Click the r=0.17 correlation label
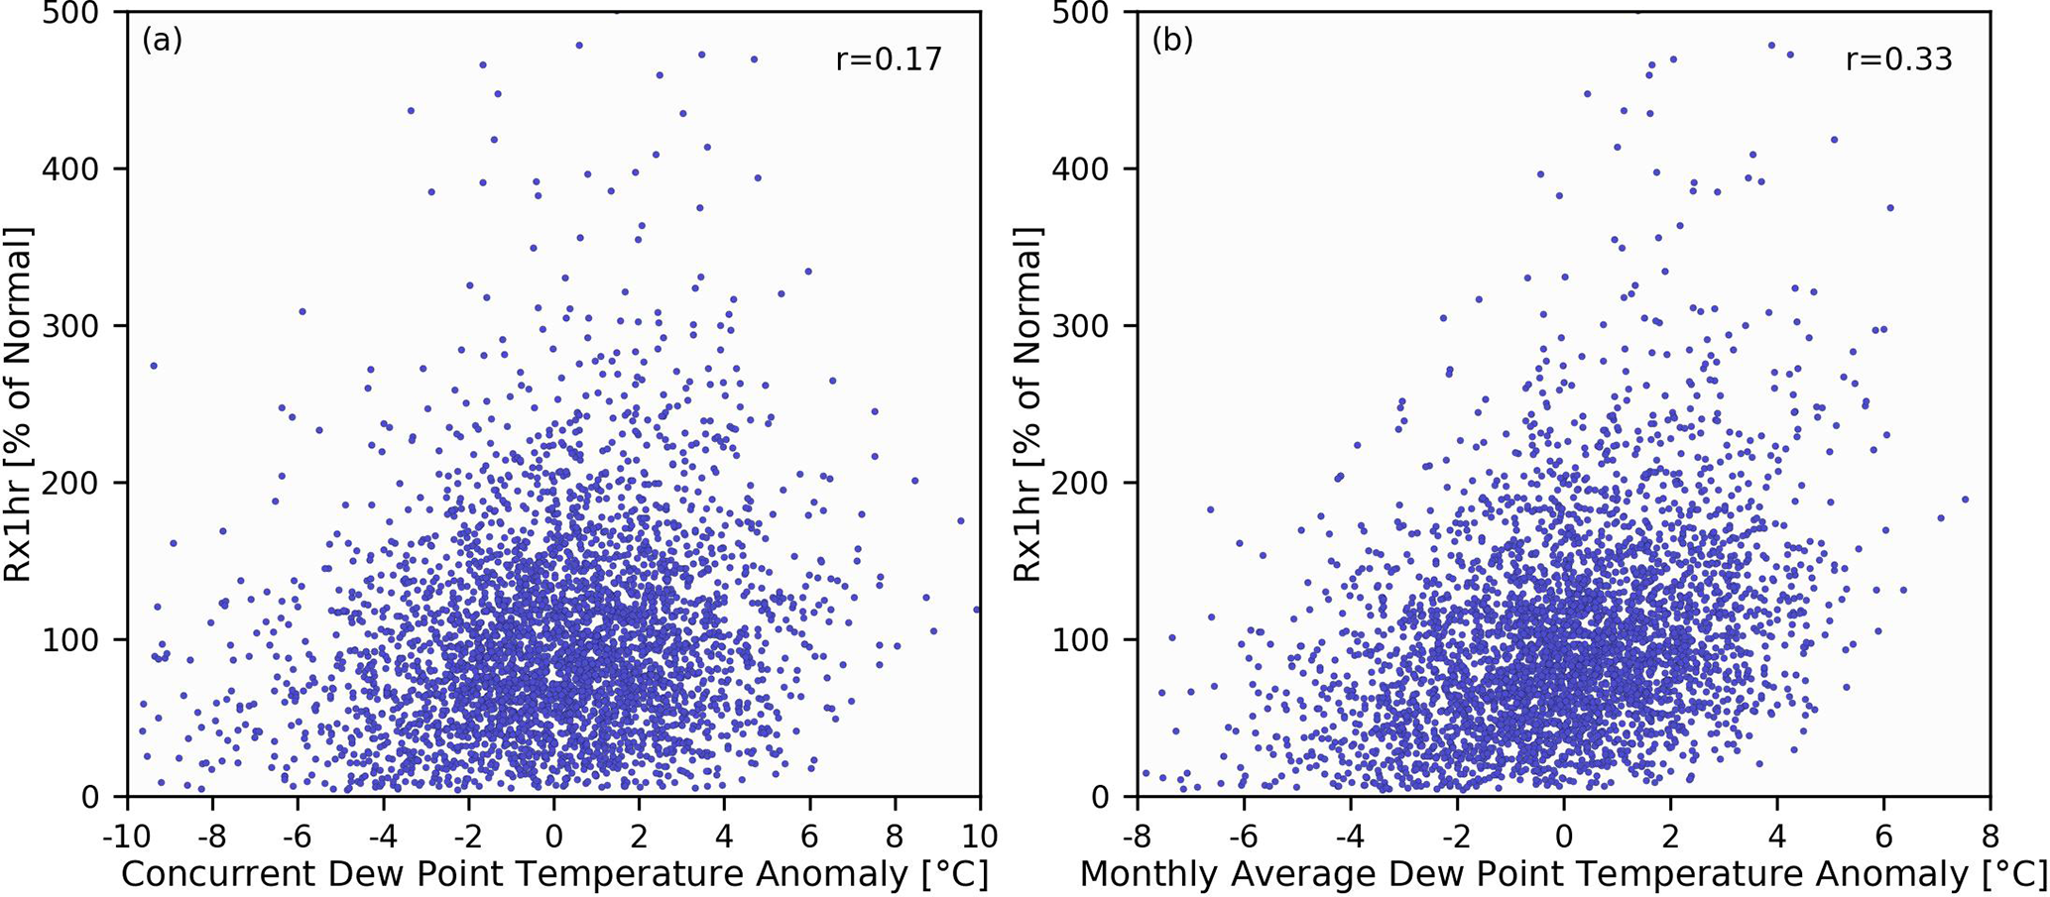pyautogui.click(x=889, y=59)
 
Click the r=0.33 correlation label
pyautogui.click(x=1898, y=59)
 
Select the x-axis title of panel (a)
pyautogui.click(x=554, y=875)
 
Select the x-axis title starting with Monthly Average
pyautogui.click(x=1563, y=875)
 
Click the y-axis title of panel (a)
pyautogui.click(x=19, y=404)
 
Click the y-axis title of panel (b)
pyautogui.click(x=1028, y=404)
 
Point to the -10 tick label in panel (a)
pyautogui.click(x=122, y=838)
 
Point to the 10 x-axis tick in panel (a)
pyautogui.click(x=980, y=838)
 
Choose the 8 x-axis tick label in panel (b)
pyautogui.click(x=1990, y=838)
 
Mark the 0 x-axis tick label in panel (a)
pyautogui.click(x=554, y=838)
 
